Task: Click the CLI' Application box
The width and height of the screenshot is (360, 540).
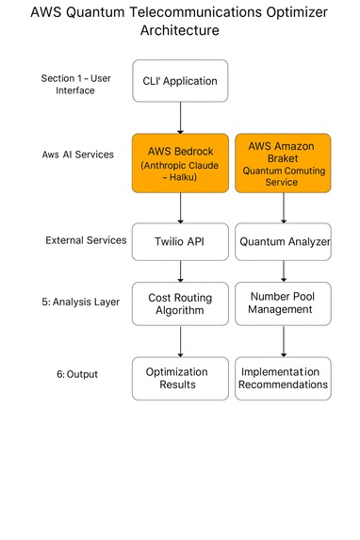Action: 180,81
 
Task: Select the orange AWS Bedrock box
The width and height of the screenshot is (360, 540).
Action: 180,162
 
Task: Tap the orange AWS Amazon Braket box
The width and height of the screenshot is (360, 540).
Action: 283,162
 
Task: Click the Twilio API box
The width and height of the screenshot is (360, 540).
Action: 180,240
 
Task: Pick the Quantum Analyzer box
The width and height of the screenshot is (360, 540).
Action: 283,240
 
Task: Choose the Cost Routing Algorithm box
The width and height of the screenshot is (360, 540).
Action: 180,304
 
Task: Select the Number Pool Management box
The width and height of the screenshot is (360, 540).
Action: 283,304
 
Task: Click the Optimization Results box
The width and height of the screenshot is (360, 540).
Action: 180,378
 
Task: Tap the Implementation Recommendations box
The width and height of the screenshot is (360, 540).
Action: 283,378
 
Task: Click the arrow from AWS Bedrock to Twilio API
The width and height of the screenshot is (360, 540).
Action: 180,207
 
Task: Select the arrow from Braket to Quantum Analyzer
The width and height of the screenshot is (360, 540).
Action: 283,207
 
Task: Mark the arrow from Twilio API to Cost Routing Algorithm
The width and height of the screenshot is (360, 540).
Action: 180,270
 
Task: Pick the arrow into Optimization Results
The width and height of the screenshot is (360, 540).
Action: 180,342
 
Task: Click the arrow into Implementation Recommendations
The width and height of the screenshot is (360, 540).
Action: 283,342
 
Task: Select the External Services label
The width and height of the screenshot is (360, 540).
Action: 86,240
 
